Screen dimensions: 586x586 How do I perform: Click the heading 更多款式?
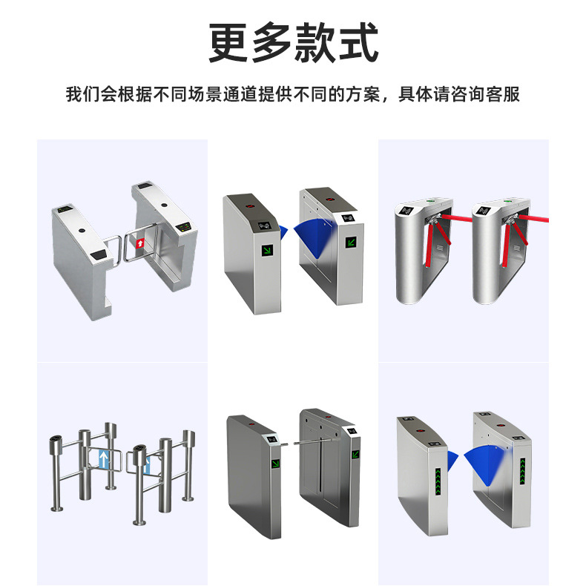[293, 42]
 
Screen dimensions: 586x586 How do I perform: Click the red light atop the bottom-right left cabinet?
[423, 430]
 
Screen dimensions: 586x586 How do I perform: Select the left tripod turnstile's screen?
[406, 211]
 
